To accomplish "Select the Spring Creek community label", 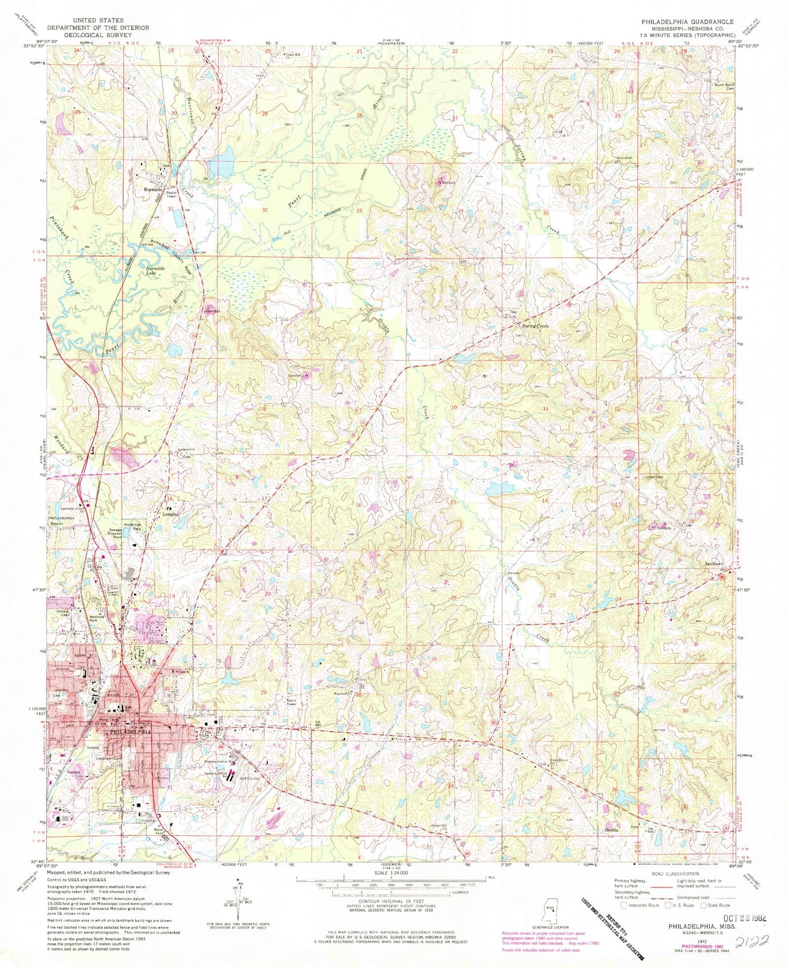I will point(535,326).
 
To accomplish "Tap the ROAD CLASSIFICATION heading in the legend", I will point(671,873).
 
